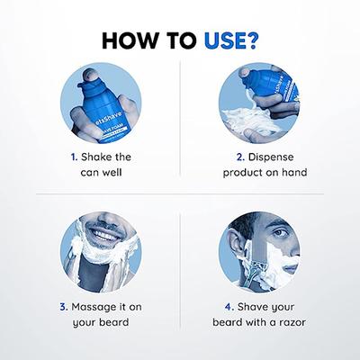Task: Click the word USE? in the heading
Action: pos(230,40)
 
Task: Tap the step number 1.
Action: pos(74,157)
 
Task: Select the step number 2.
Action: pos(240,157)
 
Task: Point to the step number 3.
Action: pos(64,307)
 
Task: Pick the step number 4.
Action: pos(229,307)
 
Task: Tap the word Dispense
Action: pos(271,157)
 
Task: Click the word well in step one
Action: pos(112,173)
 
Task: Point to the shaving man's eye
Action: pos(279,232)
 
